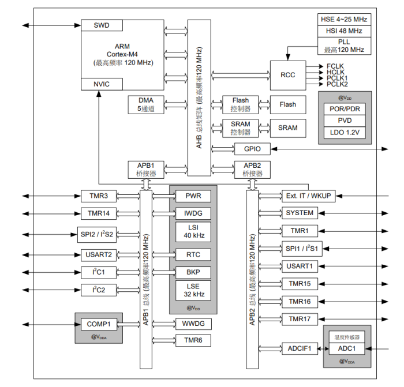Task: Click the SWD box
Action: [101, 25]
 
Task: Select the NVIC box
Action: [101, 84]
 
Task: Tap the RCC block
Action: [288, 75]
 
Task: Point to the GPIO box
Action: [252, 149]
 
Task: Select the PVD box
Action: [345, 121]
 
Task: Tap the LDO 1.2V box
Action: [345, 133]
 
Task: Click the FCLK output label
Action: [336, 66]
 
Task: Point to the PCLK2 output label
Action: [337, 84]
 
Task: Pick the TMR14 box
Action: [98, 213]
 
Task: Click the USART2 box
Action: [98, 254]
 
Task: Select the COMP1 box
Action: [98, 324]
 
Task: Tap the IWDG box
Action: [193, 213]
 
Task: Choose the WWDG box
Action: [193, 324]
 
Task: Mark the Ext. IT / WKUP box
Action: [308, 196]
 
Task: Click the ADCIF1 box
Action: [300, 348]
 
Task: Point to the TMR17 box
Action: [300, 319]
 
